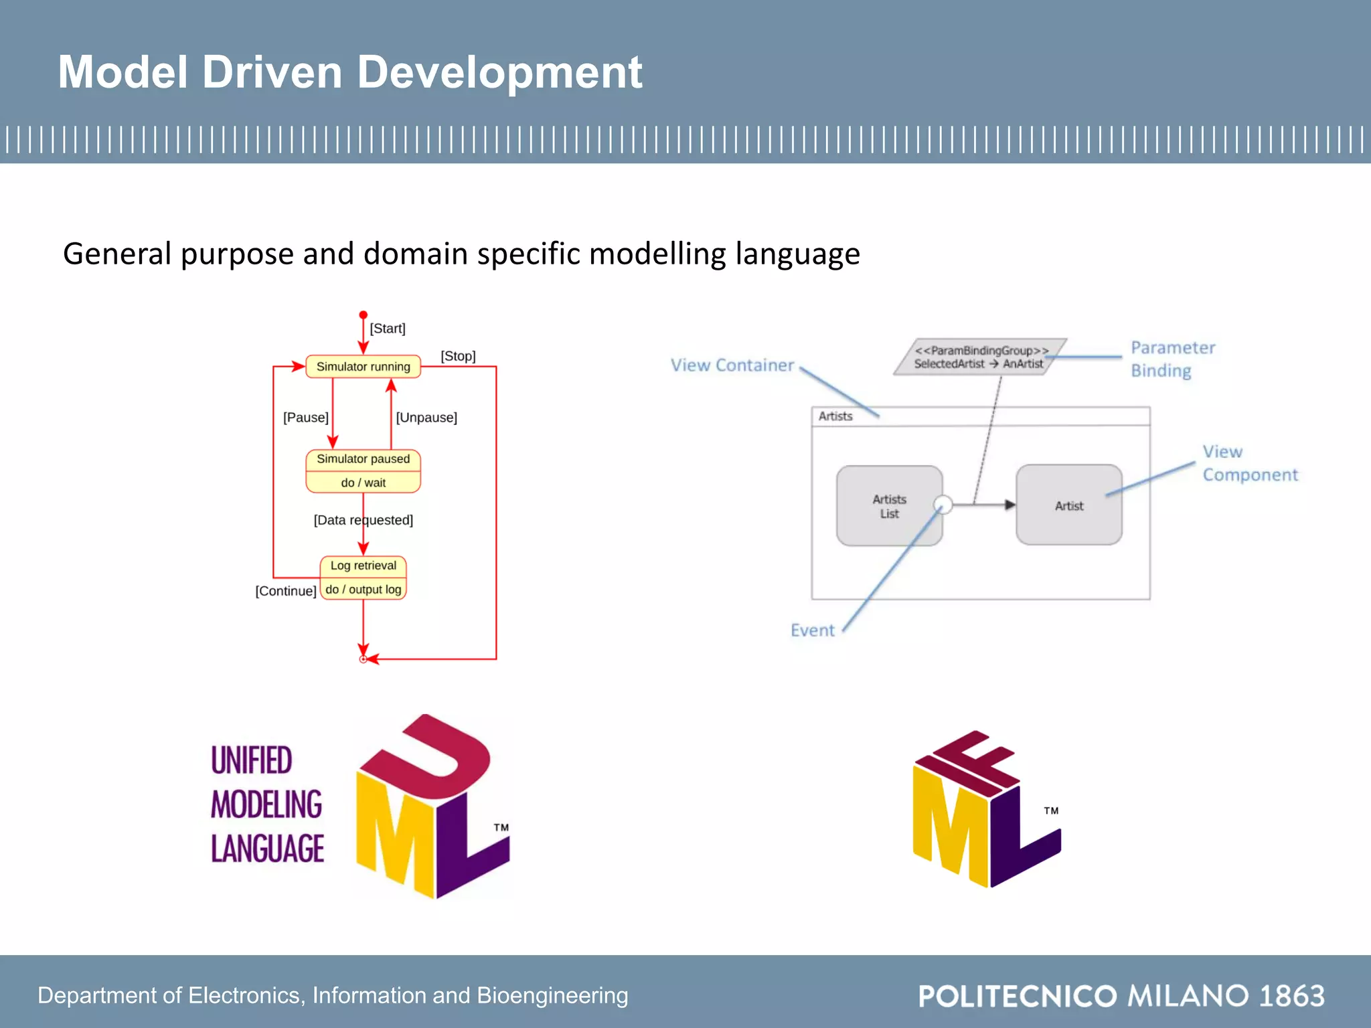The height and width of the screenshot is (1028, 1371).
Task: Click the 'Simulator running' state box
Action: [x=363, y=367]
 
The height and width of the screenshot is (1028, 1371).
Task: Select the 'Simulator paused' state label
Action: [x=363, y=459]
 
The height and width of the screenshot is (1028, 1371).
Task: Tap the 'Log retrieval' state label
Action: [x=363, y=566]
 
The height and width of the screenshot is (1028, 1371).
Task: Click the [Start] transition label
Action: [x=388, y=329]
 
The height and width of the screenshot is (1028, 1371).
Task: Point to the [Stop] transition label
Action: [x=458, y=356]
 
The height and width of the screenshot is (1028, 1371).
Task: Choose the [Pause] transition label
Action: [x=305, y=418]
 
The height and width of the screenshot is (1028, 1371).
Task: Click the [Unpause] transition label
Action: [x=426, y=418]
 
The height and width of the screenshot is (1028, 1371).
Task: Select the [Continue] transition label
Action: [x=286, y=591]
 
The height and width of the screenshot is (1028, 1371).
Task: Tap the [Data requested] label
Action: [x=363, y=520]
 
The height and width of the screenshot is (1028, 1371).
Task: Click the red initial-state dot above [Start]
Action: [x=363, y=315]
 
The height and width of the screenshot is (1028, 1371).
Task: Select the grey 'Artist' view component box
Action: [x=1068, y=505]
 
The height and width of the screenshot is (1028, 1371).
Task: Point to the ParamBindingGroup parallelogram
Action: [x=980, y=357]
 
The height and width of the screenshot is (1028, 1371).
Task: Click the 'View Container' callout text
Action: [x=732, y=365]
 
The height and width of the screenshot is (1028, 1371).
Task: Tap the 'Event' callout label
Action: [x=812, y=630]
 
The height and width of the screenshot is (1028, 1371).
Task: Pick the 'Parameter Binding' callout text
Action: [x=1173, y=359]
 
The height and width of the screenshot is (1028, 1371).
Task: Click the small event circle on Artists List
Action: [x=943, y=504]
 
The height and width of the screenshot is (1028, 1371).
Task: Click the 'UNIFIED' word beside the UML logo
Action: [x=252, y=760]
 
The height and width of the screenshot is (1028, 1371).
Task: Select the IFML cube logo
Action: [x=987, y=809]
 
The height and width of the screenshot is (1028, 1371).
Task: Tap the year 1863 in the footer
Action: [x=1291, y=996]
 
